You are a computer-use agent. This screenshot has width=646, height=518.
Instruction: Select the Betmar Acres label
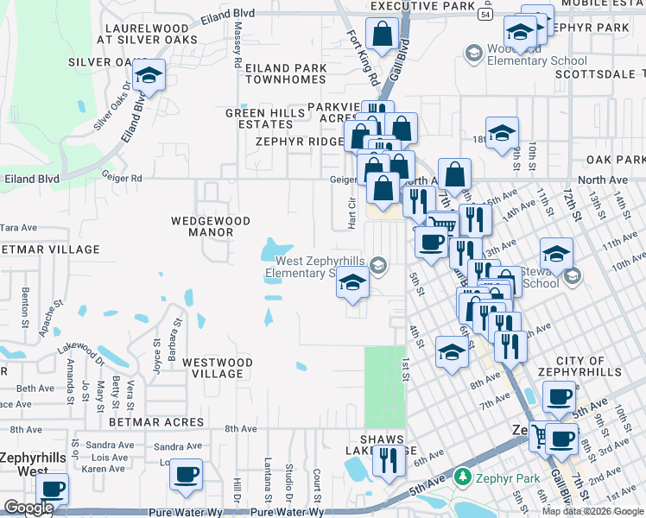click(x=156, y=422)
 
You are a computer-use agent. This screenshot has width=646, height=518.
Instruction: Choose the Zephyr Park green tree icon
click(x=463, y=477)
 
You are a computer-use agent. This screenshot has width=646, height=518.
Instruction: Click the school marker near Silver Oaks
click(x=149, y=77)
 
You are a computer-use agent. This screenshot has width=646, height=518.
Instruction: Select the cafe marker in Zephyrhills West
click(x=54, y=489)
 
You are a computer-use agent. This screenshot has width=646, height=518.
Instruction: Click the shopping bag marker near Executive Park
click(x=381, y=35)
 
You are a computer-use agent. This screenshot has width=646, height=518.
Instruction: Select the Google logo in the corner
click(x=28, y=508)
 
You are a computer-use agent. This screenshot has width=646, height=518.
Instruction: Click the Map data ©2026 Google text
click(x=592, y=511)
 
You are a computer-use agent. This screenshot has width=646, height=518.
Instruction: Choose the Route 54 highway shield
click(x=486, y=15)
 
